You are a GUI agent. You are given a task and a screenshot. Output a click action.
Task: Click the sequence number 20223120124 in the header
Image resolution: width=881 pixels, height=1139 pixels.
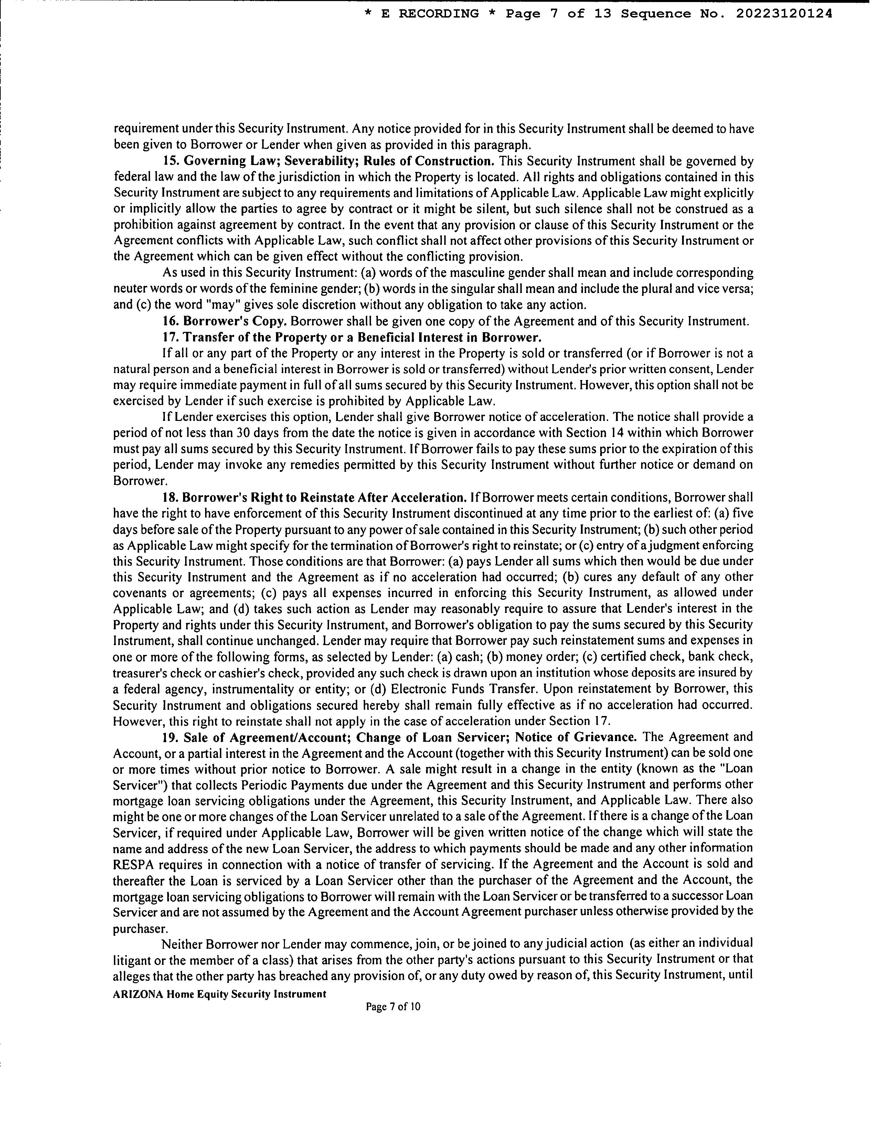click(784, 14)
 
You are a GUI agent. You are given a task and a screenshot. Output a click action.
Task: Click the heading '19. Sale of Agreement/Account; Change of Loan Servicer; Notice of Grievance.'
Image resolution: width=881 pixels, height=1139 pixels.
click(399, 737)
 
